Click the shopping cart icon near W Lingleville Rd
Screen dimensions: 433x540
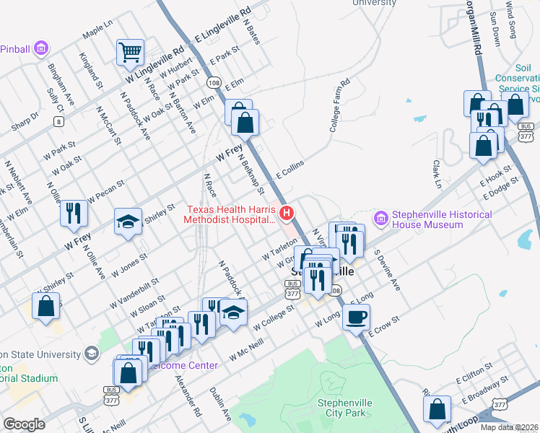130,51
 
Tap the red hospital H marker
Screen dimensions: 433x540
287,213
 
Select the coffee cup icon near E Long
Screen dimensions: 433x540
355,315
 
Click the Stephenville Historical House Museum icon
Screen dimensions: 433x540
381,217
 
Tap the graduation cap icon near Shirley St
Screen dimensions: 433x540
128,221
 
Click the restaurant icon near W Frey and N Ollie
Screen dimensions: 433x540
74,211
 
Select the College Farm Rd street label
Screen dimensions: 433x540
339,105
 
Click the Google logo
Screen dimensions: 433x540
25,424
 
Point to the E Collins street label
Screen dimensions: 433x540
288,170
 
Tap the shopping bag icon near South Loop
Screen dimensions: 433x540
437,408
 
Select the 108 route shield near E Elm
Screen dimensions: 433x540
214,82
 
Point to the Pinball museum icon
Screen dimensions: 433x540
41,48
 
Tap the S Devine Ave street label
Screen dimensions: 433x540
386,271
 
